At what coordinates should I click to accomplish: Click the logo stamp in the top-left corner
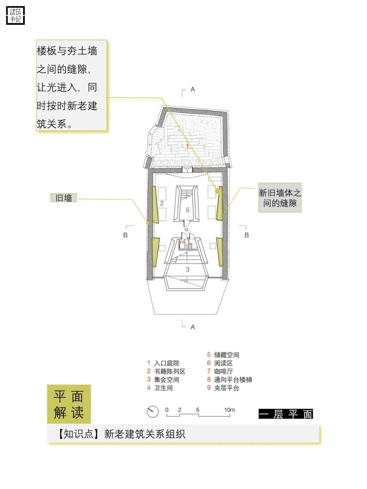pyautogui.click(x=16, y=16)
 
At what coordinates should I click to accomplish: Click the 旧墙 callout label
pyautogui.click(x=64, y=198)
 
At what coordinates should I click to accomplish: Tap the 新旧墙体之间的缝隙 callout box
pyautogui.click(x=280, y=198)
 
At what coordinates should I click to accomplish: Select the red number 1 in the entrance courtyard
pyautogui.click(x=187, y=146)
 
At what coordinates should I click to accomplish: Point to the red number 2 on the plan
pyautogui.click(x=162, y=203)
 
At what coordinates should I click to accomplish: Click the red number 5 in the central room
pyautogui.click(x=188, y=210)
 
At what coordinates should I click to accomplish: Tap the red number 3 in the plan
pyautogui.click(x=188, y=270)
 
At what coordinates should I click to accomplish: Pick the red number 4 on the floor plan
pyautogui.click(x=184, y=242)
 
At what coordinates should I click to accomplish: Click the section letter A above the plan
pyautogui.click(x=193, y=89)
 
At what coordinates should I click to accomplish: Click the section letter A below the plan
pyautogui.click(x=193, y=327)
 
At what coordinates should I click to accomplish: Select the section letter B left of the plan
pyautogui.click(x=125, y=235)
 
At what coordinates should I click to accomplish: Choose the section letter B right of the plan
pyautogui.click(x=247, y=235)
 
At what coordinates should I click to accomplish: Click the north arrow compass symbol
pyautogui.click(x=153, y=412)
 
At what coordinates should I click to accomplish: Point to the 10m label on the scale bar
pyautogui.click(x=229, y=410)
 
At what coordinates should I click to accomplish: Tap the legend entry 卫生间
pyautogui.click(x=163, y=388)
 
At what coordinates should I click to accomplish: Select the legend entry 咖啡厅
pyautogui.click(x=223, y=372)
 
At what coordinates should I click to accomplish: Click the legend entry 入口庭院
pyautogui.click(x=167, y=363)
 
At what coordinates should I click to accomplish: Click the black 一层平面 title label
pyautogui.click(x=286, y=414)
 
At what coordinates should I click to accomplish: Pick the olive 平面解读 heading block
pyautogui.click(x=69, y=404)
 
